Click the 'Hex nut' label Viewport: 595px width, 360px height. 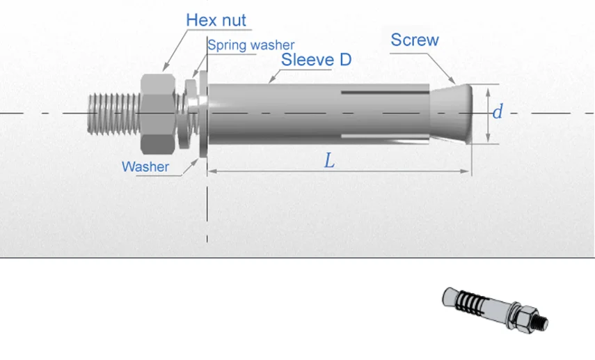pos(216,19)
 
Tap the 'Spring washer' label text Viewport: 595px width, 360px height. pos(251,45)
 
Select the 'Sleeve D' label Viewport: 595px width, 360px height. pos(316,59)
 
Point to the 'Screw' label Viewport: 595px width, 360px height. pos(415,40)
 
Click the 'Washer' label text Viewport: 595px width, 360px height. pos(145,166)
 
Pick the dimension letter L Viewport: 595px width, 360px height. pos(330,161)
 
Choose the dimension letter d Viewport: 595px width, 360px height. pos(497,111)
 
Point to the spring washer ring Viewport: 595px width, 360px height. pos(188,112)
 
